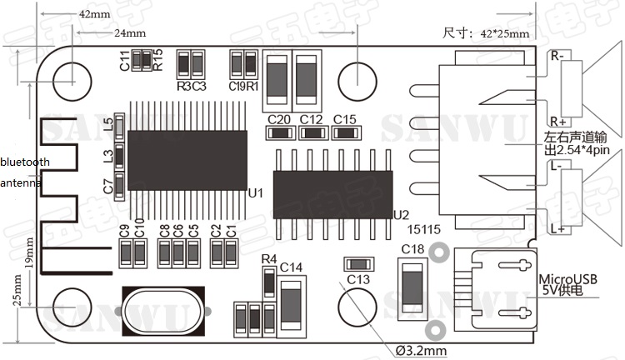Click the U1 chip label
256,193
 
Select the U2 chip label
401,214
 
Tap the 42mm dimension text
92,15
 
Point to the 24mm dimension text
129,33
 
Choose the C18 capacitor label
412,248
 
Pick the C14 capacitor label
291,267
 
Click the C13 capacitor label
358,279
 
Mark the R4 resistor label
268,259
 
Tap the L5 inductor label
107,125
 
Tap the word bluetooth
25,162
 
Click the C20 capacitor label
279,119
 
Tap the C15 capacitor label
344,119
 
